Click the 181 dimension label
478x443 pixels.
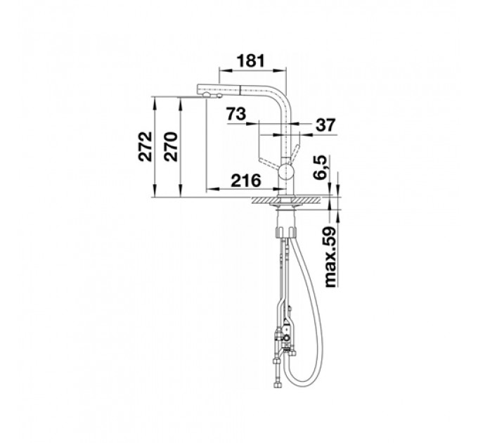coord(250,60)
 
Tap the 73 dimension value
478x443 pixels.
coord(236,114)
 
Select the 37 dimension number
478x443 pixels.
coord(325,124)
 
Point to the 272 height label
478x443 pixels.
coord(145,146)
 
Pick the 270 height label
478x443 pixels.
coord(170,146)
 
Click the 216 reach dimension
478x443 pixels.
coord(246,181)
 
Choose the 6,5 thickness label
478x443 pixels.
coord(320,167)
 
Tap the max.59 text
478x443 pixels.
coord(330,257)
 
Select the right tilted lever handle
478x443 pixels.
coord(295,153)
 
